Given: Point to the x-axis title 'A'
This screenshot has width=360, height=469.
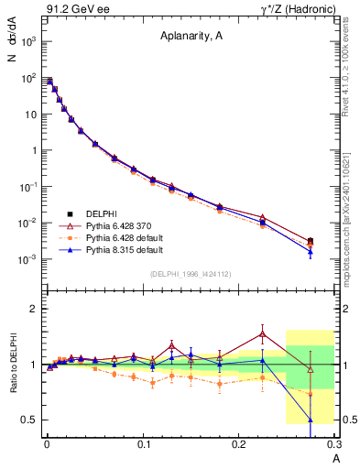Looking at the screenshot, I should (x=335, y=458).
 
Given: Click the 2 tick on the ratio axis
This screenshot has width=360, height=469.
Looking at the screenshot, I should (x=34, y=309).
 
